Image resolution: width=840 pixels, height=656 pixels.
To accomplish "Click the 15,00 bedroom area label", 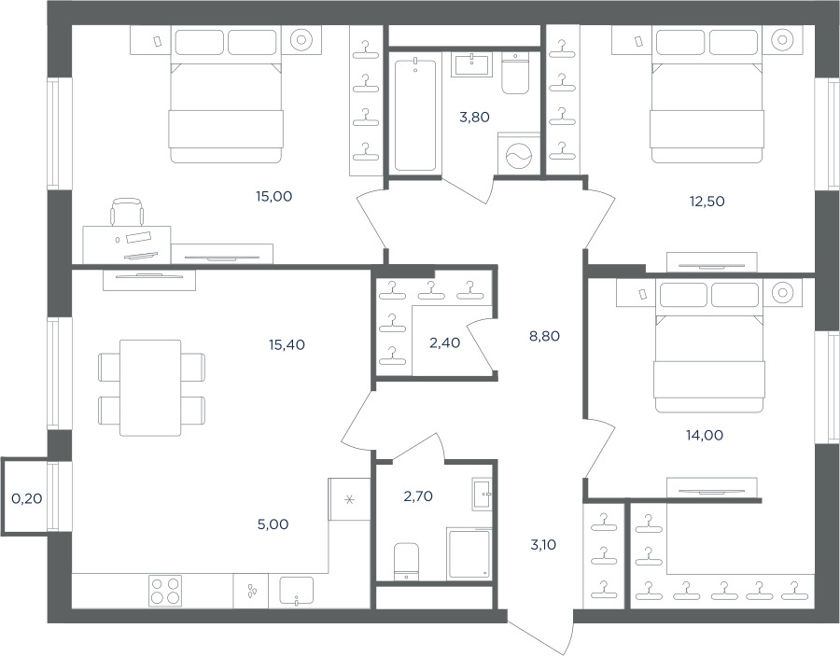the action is pos(273,197).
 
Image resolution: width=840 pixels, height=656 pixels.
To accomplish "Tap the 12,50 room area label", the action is pos(707,202).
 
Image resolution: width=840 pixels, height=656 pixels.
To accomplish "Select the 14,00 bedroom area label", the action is pos(705,436).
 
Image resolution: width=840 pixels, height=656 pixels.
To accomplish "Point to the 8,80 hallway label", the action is pos(544,336).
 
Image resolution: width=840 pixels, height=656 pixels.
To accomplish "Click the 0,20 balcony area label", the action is pos(27,498).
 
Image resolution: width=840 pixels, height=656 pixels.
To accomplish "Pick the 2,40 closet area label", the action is pos(444,342).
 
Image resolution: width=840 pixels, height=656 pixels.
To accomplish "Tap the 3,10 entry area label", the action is pos(543,545).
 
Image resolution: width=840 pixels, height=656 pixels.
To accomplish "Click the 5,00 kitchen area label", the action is pos(273,524).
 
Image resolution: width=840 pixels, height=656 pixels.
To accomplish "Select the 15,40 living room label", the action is pos(287,345).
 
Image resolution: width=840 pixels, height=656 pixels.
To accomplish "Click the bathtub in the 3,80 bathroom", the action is pos(415,115).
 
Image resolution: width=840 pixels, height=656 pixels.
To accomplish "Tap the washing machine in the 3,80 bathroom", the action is pos(519,154).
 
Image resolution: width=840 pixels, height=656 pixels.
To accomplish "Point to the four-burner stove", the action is pos(165,591).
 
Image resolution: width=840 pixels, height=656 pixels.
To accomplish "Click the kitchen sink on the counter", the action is pos(296,591).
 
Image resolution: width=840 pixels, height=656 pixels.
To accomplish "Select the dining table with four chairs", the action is pos(150,387).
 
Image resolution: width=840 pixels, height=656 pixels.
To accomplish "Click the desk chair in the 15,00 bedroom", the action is pos(127,212).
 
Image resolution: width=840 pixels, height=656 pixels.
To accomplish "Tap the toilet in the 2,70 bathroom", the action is pos(406,561).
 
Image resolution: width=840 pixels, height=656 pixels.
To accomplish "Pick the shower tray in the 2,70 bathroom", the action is pos(469,553).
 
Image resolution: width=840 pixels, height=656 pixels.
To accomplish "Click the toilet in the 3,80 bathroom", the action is pos(515,73).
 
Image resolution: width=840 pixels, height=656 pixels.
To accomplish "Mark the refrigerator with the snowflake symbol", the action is pos(349,499).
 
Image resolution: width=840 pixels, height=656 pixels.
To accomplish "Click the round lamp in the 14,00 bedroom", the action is pos(783,293).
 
